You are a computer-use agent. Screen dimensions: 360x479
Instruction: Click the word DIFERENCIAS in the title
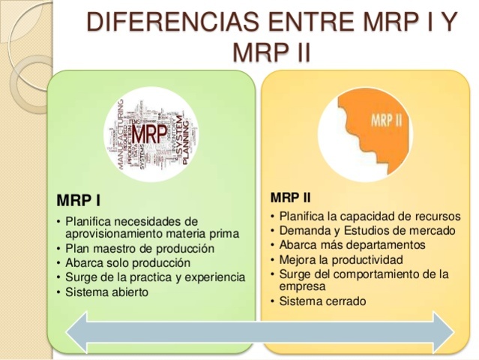[x=161, y=22]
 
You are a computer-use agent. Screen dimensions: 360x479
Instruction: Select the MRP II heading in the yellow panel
[x=290, y=198]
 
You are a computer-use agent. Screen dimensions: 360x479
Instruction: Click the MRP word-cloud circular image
[x=151, y=133]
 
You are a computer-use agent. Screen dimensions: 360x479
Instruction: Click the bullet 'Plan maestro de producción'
[x=139, y=249]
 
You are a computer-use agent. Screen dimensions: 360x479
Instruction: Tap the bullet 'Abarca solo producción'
[x=127, y=263]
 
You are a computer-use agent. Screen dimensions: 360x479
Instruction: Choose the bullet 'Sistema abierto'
[x=106, y=292]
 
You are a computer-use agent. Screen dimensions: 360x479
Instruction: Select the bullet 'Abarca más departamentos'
[x=352, y=245]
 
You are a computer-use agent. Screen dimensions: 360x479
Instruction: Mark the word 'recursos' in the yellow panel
[x=436, y=217]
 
